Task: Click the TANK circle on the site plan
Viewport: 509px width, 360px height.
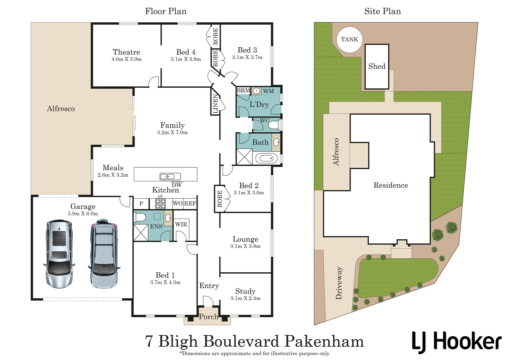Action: point(349,39)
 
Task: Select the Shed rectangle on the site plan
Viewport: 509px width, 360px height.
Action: point(377,67)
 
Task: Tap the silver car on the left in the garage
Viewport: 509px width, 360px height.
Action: point(59,254)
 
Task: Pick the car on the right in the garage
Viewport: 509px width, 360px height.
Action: point(104,254)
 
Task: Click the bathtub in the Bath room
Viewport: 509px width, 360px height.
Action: point(266,158)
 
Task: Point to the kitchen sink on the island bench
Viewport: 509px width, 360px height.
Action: point(170,176)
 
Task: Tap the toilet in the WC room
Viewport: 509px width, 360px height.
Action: point(274,125)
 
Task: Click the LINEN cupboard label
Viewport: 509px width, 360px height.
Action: point(215,104)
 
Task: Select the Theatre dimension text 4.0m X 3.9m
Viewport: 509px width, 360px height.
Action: point(126,59)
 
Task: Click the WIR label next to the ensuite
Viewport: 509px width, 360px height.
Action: point(181,224)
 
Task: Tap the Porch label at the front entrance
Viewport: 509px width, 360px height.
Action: point(208,317)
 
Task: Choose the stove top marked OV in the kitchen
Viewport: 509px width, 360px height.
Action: point(161,203)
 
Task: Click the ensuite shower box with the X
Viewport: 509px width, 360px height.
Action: point(141,232)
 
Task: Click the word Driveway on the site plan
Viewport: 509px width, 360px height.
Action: point(339,283)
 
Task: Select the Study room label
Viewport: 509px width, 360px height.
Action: point(245,291)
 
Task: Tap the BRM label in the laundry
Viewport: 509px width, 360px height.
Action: point(243,91)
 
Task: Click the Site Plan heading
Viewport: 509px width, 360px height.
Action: point(382,11)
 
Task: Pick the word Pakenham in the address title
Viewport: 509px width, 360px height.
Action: point(324,341)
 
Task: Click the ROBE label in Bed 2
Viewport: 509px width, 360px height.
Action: point(219,199)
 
